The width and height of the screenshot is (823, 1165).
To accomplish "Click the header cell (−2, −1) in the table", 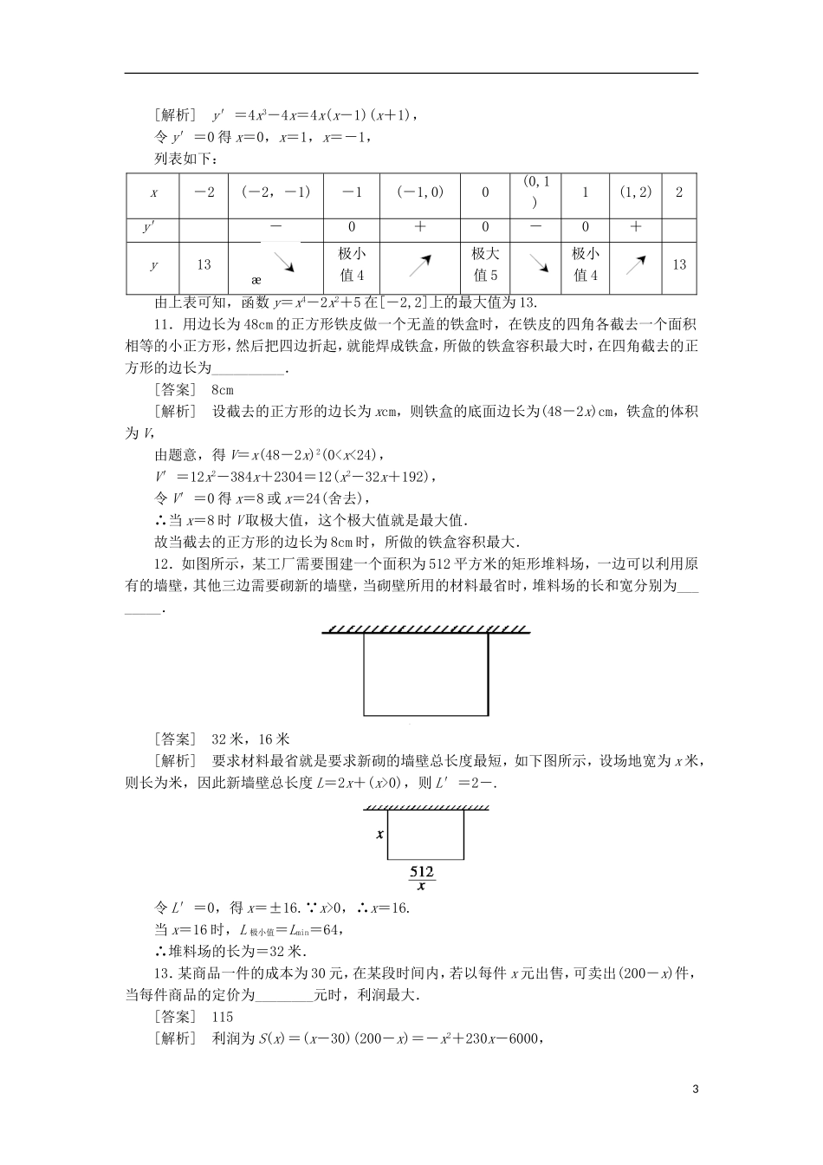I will pyautogui.click(x=275, y=192).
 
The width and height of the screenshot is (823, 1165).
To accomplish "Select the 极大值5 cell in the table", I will pyautogui.click(x=485, y=264).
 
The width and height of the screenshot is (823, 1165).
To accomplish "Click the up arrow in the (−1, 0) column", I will pyautogui.click(x=420, y=264).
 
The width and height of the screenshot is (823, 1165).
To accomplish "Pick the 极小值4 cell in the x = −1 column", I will pyautogui.click(x=353, y=264).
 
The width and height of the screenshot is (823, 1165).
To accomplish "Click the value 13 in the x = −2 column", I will pyautogui.click(x=204, y=264).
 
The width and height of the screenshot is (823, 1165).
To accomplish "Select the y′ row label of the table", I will pyautogui.click(x=153, y=227).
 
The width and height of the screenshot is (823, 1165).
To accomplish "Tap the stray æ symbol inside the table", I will pyautogui.click(x=256, y=281).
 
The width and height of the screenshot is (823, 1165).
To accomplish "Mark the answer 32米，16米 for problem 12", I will pyautogui.click(x=250, y=739).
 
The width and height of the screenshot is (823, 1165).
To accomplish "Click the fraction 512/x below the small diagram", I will pyautogui.click(x=422, y=878).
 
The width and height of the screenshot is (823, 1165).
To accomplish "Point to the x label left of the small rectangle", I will pyautogui.click(x=380, y=835).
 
